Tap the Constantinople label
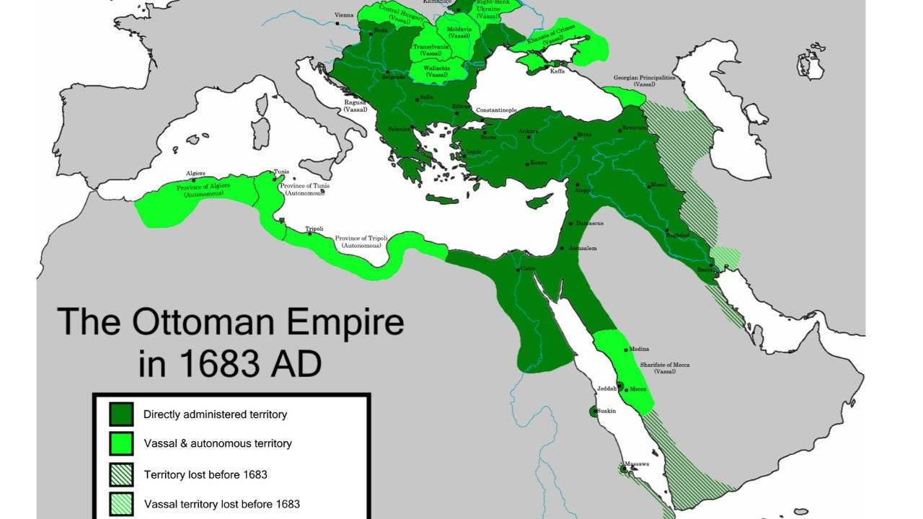click(497, 110)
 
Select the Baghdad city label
click(677, 235)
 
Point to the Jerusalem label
click(582, 248)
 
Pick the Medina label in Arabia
click(639, 349)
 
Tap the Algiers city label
click(195, 173)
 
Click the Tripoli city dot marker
click(310, 234)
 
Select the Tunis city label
click(281, 172)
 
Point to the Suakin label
click(606, 410)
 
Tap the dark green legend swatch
click(121, 414)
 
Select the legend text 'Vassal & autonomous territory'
click(218, 443)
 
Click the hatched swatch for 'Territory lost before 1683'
click(121, 474)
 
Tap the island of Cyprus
click(540, 200)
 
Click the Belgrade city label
click(394, 76)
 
